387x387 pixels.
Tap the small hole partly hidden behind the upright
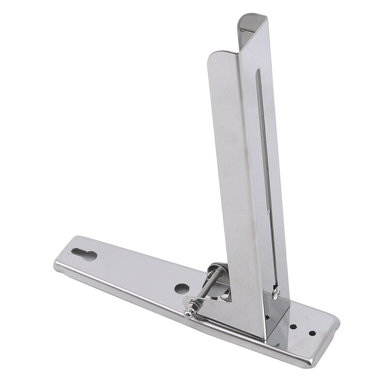tap(269, 317)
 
